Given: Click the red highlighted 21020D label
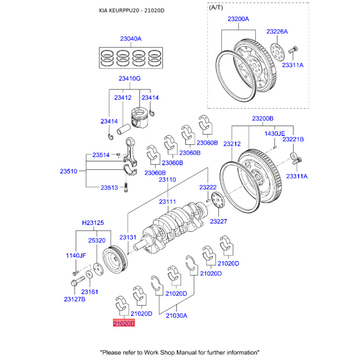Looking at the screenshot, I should [x=124, y=324].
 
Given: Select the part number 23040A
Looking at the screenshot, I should [x=130, y=39].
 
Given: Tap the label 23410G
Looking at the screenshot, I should [x=130, y=79].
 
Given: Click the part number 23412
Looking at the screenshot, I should [x=122, y=97].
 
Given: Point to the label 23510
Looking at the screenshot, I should [x=69, y=171].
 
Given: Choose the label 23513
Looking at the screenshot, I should [x=109, y=188].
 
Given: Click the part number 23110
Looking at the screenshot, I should [x=167, y=180].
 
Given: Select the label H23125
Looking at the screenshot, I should [x=93, y=223].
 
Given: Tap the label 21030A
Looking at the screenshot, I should [x=176, y=315].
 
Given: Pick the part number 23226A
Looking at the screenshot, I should [x=277, y=31].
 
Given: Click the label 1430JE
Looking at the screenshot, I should [x=274, y=134].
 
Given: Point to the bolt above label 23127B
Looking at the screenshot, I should [x=77, y=283].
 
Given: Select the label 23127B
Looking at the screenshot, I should [x=74, y=299].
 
